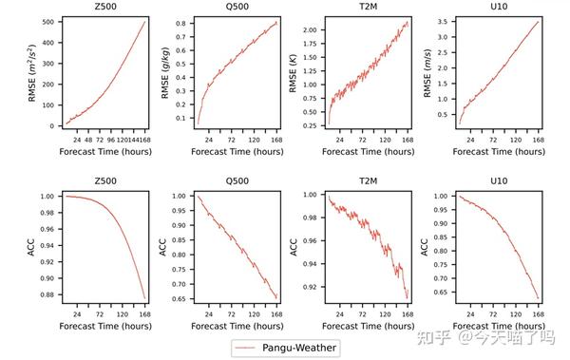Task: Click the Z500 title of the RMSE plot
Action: pos(106,9)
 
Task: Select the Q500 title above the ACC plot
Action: pos(237,181)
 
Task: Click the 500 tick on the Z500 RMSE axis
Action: pos(45,22)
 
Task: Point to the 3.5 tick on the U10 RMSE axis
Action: pos(443,22)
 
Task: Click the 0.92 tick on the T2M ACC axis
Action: pos(308,285)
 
